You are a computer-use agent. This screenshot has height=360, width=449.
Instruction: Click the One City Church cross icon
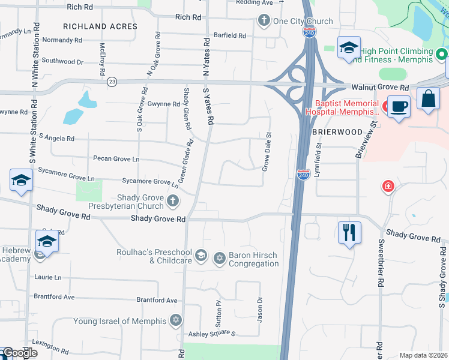(264, 21)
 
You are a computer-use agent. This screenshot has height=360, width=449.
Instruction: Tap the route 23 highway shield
(112, 81)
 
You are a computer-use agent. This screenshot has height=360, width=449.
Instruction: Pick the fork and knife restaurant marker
(349, 231)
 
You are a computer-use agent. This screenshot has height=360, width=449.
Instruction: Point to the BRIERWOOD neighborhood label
(337, 132)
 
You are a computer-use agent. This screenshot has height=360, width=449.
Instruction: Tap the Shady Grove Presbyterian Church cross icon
(173, 200)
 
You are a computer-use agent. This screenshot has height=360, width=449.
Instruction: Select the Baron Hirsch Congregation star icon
(220, 258)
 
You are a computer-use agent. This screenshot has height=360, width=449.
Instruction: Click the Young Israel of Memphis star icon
(176, 319)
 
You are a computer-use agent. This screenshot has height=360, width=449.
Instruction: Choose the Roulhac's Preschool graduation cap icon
(201, 255)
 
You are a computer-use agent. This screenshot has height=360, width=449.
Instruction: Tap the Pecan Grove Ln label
(116, 159)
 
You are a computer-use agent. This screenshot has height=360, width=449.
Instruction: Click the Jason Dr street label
(260, 310)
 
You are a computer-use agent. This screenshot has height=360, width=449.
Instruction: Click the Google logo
(20, 353)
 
